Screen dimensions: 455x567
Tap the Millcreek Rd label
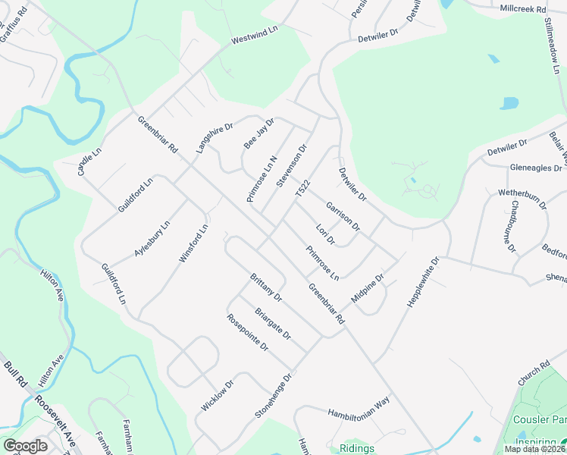tap(523, 8)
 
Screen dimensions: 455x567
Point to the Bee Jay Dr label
tap(258, 133)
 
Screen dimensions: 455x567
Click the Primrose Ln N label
tap(262, 179)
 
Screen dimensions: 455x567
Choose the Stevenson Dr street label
tap(291, 166)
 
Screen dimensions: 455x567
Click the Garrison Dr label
tap(343, 215)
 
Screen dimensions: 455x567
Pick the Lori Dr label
tap(325, 235)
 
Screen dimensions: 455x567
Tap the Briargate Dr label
tap(272, 324)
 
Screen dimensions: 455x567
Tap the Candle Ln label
tap(89, 162)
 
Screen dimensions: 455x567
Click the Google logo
tap(25, 446)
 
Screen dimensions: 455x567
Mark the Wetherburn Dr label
tap(522, 199)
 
